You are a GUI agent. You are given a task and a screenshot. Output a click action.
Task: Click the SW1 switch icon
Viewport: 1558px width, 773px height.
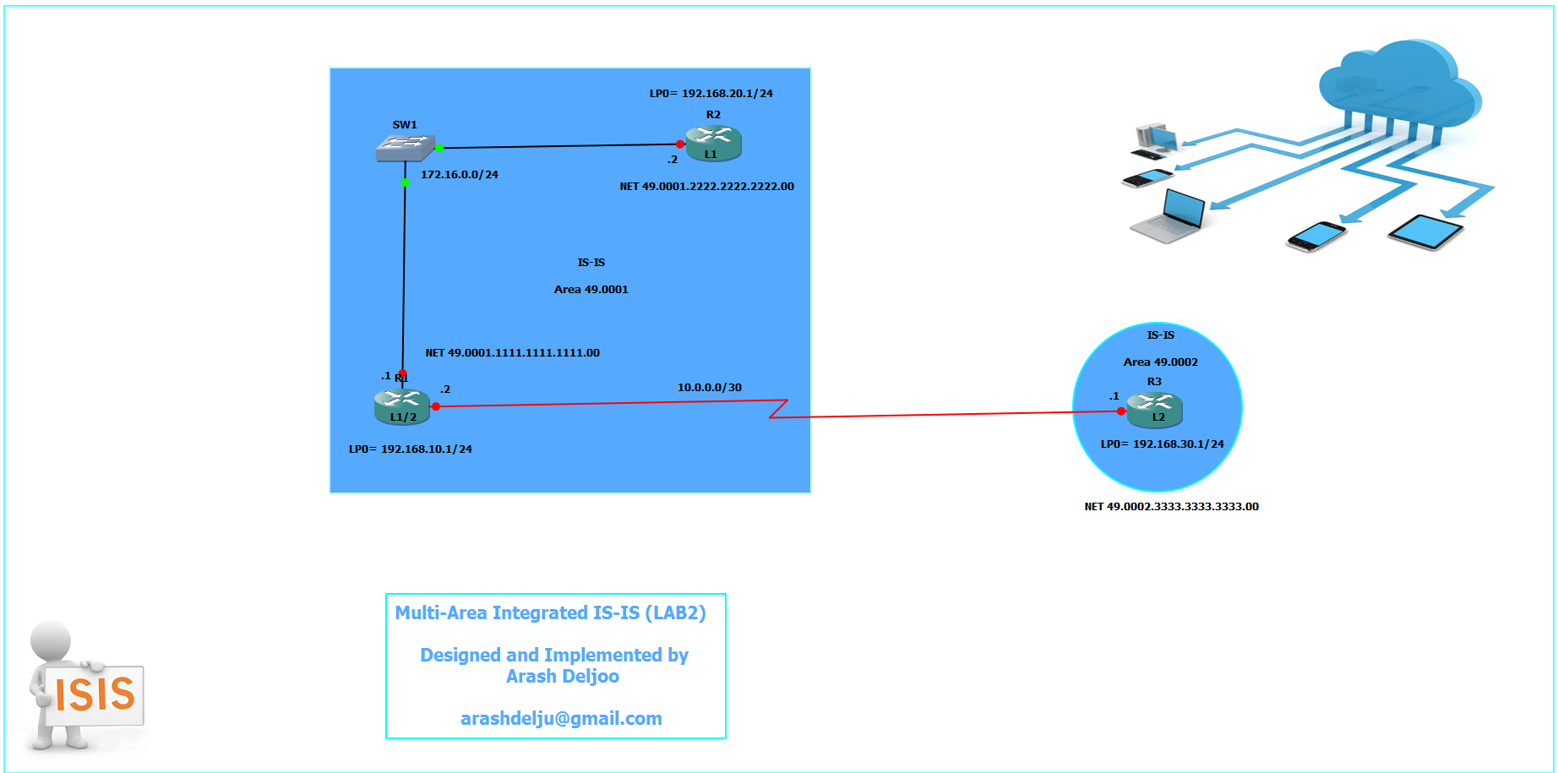coord(406,148)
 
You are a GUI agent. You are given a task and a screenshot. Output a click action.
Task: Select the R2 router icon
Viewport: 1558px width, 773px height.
coord(713,143)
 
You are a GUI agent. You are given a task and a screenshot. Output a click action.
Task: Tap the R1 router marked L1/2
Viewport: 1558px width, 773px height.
coord(402,406)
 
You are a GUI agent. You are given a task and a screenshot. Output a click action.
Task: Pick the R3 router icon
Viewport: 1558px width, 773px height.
coord(1155,410)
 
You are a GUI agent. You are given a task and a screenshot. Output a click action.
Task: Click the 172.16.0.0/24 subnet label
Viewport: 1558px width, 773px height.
coord(460,175)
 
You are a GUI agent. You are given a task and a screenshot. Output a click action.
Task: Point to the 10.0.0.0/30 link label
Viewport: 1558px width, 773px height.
coord(710,388)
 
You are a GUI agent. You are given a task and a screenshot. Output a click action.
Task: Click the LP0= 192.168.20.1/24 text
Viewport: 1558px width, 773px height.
coord(711,94)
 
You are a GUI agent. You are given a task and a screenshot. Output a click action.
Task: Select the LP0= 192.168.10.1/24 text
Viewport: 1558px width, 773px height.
coord(411,449)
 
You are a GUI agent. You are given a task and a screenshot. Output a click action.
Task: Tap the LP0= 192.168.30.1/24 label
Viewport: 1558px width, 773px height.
coord(1162,444)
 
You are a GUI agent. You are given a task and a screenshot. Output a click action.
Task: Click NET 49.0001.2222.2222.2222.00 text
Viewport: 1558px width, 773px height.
coord(706,187)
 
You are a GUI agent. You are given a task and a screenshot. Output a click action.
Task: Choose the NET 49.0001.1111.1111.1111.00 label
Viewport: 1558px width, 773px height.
coord(512,353)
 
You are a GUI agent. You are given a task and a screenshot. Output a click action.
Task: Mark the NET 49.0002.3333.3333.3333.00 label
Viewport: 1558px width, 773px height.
coord(1171,507)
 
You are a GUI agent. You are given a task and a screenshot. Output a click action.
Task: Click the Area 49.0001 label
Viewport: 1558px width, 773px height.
coord(591,290)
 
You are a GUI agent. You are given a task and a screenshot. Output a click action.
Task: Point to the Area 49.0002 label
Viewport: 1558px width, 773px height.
coord(1160,362)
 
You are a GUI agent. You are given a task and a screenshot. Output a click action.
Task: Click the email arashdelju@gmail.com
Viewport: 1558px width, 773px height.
coord(561,719)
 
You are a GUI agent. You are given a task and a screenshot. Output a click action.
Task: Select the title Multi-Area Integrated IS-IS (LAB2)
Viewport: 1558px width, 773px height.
coord(550,613)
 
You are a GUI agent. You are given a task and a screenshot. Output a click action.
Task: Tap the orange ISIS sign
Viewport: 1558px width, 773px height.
coord(95,694)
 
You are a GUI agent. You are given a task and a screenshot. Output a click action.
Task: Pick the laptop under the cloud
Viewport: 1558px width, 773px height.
coord(1168,217)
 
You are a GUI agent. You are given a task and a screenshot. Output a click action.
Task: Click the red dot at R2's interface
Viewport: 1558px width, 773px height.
coord(680,144)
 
